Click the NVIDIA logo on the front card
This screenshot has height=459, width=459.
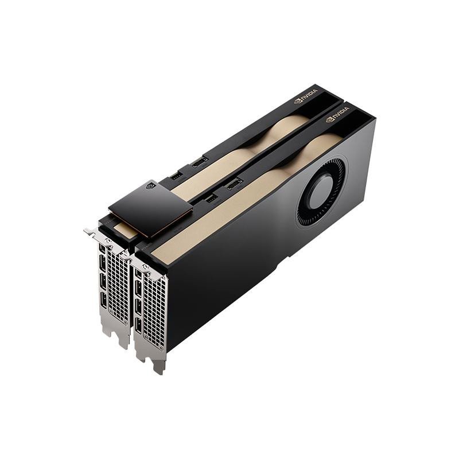tap(337, 119)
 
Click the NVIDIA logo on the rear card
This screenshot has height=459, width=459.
tap(306, 100)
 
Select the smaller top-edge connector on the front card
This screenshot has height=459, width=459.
tap(211, 198)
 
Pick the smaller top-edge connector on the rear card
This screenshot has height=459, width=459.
tap(177, 175)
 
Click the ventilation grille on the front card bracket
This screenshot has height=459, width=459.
tap(154, 310)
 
